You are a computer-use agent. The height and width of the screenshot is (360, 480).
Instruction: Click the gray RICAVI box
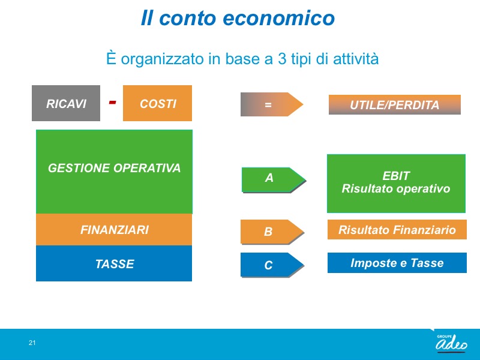[x=66, y=103]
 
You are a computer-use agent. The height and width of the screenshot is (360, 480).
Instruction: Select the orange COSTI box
[x=157, y=103]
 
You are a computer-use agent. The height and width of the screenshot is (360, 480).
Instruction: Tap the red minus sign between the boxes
[x=112, y=102]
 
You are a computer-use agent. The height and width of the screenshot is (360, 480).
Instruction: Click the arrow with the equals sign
[x=272, y=104]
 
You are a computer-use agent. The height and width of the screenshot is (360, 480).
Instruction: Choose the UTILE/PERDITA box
[x=395, y=104]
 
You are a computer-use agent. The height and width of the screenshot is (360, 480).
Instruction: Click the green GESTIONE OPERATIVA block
[x=114, y=172]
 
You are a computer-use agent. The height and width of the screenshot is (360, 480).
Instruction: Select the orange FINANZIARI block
[x=114, y=230]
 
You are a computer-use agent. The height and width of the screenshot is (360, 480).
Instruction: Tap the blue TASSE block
[x=114, y=263]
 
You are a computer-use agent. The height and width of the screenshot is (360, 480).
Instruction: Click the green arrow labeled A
[x=274, y=180]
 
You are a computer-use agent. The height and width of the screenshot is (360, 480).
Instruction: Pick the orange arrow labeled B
[x=272, y=232]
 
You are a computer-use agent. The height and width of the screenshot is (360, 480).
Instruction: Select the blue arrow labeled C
[x=272, y=265]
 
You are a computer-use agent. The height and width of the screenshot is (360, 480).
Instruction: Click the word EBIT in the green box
[x=396, y=176]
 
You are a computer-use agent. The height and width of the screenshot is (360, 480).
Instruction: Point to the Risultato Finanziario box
[x=397, y=229]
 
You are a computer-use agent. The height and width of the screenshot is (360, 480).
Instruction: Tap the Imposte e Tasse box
[x=397, y=263]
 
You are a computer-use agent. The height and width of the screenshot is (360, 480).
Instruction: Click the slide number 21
[x=32, y=343]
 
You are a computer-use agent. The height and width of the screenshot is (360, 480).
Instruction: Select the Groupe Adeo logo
[x=452, y=343]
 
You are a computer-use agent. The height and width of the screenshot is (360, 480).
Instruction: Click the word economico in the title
[x=278, y=18]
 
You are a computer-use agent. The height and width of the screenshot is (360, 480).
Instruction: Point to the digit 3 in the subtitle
[x=281, y=59]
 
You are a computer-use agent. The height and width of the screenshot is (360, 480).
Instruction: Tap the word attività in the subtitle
[x=356, y=58]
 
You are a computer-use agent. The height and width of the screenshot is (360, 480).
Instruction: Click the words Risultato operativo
[x=396, y=189]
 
